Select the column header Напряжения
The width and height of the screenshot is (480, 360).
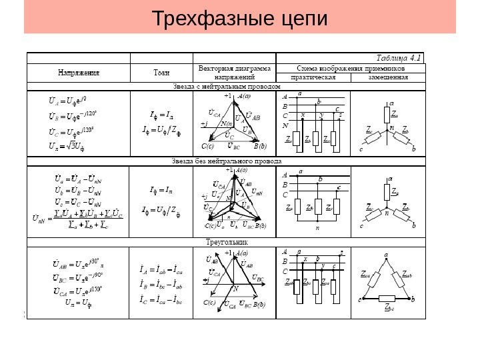[x=79, y=71]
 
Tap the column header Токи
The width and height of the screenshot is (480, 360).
[x=161, y=71]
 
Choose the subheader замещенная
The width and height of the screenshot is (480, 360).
[x=389, y=77]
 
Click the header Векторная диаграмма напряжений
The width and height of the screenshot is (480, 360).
[x=235, y=72]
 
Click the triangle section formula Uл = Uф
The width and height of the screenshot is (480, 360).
[x=76, y=303]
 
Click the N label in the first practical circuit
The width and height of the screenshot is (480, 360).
[x=285, y=125]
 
